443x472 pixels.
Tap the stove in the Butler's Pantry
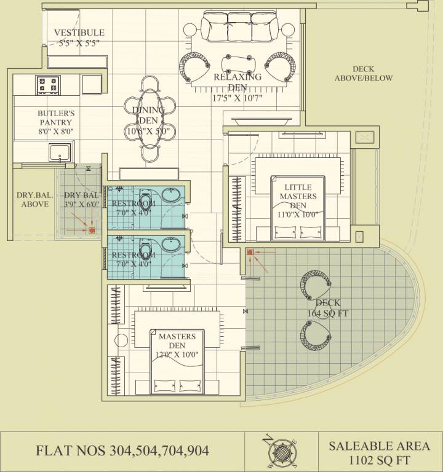[47, 84]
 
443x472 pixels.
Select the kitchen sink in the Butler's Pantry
[60, 151]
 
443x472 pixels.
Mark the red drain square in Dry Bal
[92, 231]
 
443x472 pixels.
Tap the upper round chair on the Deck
[315, 285]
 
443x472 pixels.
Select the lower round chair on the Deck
[315, 335]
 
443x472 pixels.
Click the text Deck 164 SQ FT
[327, 309]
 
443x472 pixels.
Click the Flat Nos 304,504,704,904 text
[122, 451]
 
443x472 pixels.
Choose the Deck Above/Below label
[363, 74]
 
